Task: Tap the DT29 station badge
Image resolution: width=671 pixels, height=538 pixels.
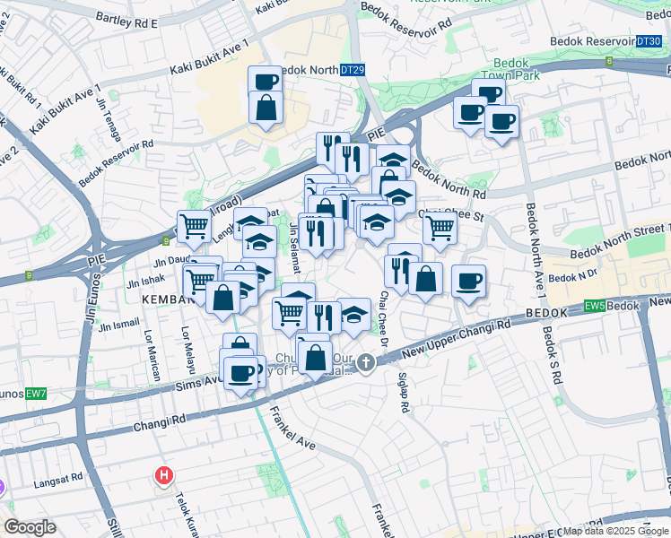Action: tap(353, 70)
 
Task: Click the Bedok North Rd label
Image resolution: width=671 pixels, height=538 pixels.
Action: tap(449, 183)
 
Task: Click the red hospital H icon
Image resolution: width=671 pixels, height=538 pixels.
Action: tap(164, 475)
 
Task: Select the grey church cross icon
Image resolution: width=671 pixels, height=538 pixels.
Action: tap(365, 363)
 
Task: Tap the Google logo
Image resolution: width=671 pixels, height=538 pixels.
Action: tap(30, 527)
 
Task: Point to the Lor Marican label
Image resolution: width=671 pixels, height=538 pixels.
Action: tap(150, 349)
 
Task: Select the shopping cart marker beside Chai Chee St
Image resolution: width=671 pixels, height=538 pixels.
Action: tap(440, 229)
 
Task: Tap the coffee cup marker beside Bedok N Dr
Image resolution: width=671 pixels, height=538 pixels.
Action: tap(468, 282)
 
